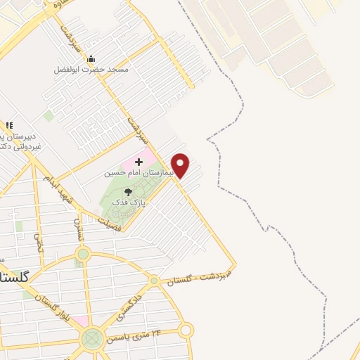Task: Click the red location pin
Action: pos(181,165)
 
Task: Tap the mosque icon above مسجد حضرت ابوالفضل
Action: pos(92,60)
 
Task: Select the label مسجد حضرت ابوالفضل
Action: pos(92,70)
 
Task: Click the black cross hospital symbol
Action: pos(139,162)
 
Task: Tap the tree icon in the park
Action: pos(128,191)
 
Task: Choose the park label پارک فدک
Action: pos(129,202)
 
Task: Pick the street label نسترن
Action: pos(79,229)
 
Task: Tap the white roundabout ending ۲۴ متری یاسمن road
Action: pos(186,329)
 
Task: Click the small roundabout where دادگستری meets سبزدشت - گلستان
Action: pos(154,281)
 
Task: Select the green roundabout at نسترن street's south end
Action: pos(83,254)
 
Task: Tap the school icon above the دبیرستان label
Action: pos(10,125)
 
